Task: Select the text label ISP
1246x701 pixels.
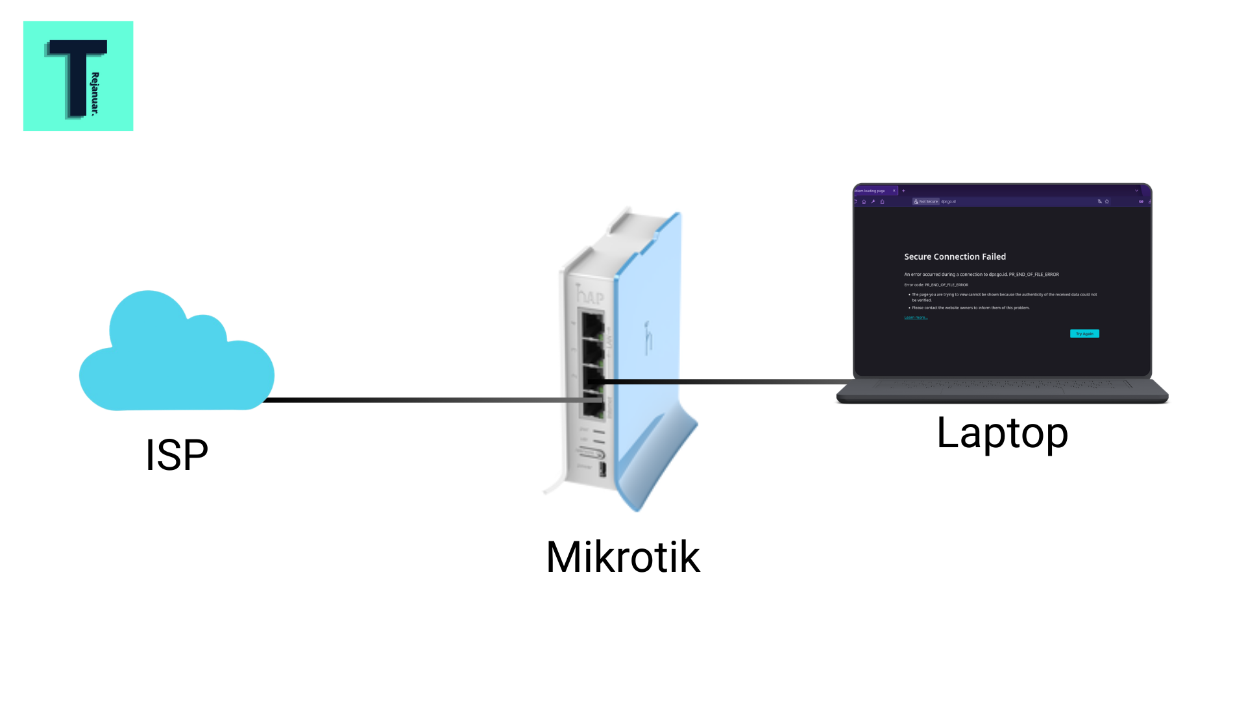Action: [x=177, y=455]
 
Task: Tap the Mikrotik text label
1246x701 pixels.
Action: [x=623, y=557]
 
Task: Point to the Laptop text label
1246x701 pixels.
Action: [x=1002, y=433]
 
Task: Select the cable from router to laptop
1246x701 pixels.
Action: [x=727, y=382]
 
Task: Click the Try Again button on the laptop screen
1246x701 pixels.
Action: [x=1084, y=334]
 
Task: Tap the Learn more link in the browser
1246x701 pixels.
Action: [x=916, y=317]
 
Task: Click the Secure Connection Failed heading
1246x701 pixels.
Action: [x=955, y=257]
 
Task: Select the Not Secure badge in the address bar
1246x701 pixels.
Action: [x=926, y=202]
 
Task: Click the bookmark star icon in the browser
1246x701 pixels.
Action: [x=1107, y=202]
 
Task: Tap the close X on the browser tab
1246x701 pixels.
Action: [x=894, y=191]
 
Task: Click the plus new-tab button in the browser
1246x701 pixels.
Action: [x=903, y=191]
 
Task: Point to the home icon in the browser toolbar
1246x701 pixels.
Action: [x=864, y=202]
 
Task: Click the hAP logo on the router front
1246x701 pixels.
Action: [x=591, y=297]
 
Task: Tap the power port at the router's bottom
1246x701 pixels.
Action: [x=602, y=469]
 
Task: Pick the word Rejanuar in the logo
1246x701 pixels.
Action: [x=95, y=93]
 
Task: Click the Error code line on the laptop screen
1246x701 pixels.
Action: [x=936, y=285]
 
